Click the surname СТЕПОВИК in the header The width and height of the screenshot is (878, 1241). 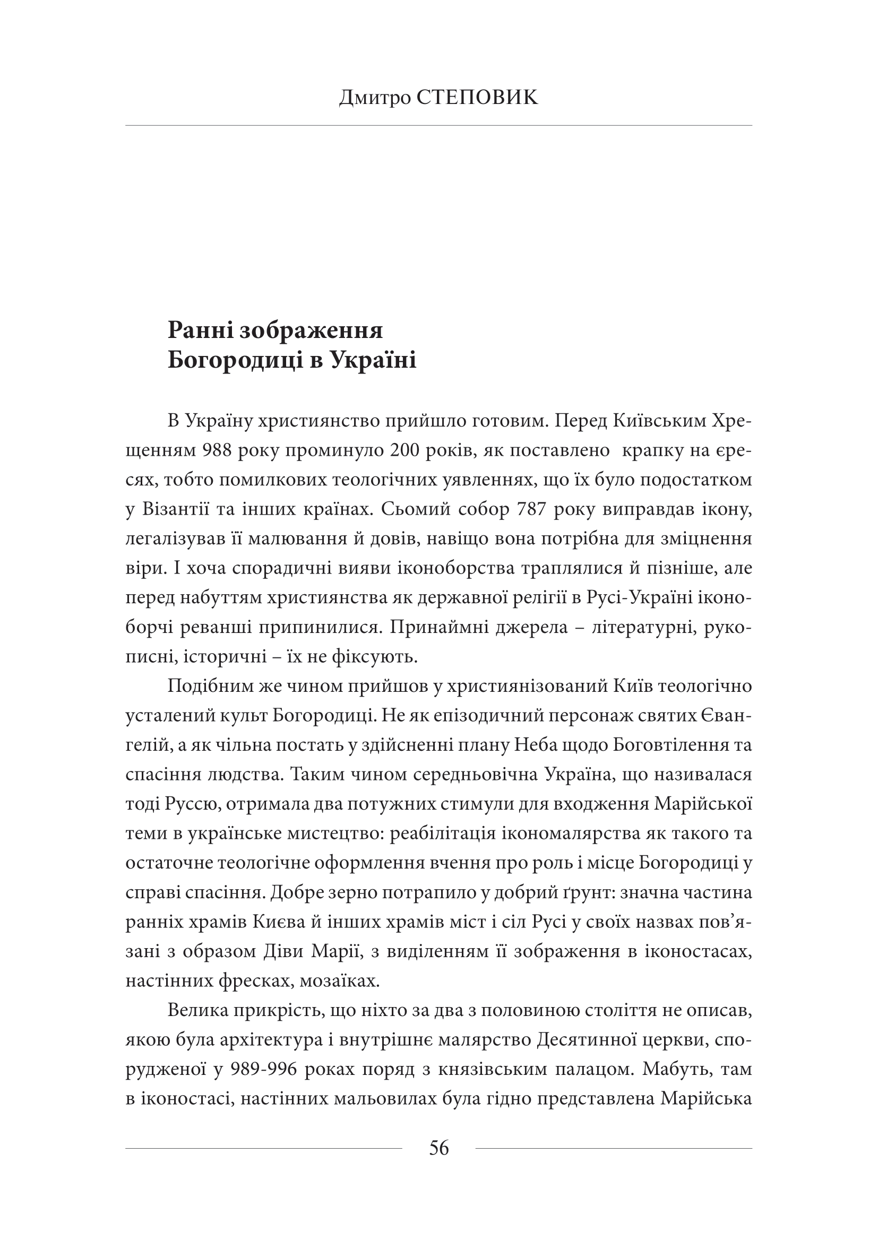click(478, 98)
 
